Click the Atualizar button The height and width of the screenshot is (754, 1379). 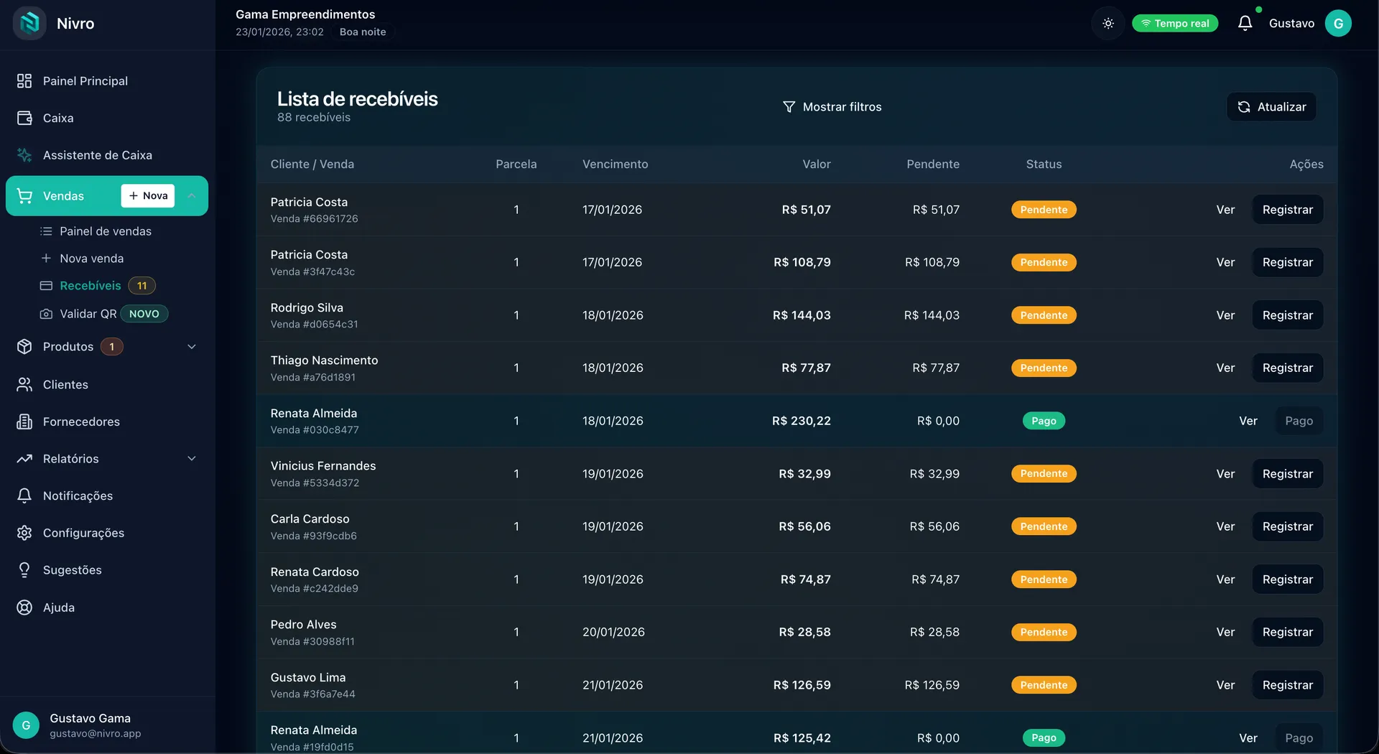pyautogui.click(x=1271, y=107)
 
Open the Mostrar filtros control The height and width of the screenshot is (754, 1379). pyautogui.click(x=832, y=107)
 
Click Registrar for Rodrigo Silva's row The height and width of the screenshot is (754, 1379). pyautogui.click(x=1287, y=315)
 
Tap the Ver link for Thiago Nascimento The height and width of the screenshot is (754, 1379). pyautogui.click(x=1225, y=368)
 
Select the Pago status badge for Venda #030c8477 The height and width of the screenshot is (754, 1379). pyautogui.click(x=1044, y=421)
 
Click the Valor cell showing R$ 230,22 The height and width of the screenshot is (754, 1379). pyautogui.click(x=801, y=421)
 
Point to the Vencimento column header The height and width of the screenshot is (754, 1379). pyautogui.click(x=615, y=164)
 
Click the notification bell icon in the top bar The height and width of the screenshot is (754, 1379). pyautogui.click(x=1245, y=23)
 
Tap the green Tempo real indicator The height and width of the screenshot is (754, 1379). pyautogui.click(x=1175, y=24)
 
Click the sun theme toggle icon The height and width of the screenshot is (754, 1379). pyautogui.click(x=1108, y=24)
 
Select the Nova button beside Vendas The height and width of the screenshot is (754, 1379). pyautogui.click(x=148, y=196)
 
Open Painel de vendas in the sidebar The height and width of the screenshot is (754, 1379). pyautogui.click(x=106, y=231)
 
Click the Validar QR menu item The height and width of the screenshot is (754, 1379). pyautogui.click(x=88, y=314)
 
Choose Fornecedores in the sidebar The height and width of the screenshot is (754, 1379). pyautogui.click(x=81, y=422)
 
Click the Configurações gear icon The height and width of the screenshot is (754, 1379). pyautogui.click(x=24, y=533)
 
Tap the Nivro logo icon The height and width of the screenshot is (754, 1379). pyautogui.click(x=29, y=23)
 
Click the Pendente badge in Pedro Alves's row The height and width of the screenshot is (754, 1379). pyautogui.click(x=1044, y=632)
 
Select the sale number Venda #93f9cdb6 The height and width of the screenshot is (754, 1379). pyautogui.click(x=313, y=536)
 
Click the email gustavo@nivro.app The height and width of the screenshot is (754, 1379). pyautogui.click(x=96, y=734)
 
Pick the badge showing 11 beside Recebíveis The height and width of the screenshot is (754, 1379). pyautogui.click(x=142, y=286)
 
